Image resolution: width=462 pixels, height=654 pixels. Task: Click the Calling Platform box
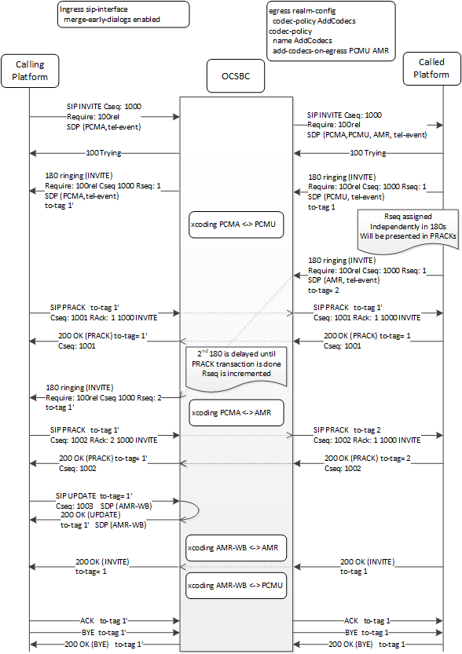click(x=30, y=71)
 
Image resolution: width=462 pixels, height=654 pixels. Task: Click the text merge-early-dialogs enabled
click(x=114, y=19)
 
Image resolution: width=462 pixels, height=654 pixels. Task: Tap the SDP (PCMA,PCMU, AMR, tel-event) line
click(x=367, y=135)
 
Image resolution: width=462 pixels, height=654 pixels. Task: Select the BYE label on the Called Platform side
click(x=365, y=630)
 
